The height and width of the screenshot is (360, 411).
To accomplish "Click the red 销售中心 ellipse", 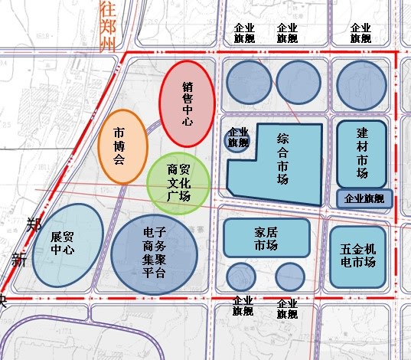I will (187, 104).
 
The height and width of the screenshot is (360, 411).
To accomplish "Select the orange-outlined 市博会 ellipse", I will (122, 146).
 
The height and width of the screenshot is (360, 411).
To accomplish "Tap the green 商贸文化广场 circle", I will (178, 183).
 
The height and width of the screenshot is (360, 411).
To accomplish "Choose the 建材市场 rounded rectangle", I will (361, 153).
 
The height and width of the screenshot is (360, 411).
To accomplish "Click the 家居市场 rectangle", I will (266, 238).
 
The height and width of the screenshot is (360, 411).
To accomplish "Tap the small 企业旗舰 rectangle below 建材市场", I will (364, 198).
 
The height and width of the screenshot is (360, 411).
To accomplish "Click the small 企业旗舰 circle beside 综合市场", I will (236, 139).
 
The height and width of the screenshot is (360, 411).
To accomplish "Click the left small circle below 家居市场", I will (241, 277).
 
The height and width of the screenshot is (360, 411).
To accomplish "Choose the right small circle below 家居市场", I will (289, 276).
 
